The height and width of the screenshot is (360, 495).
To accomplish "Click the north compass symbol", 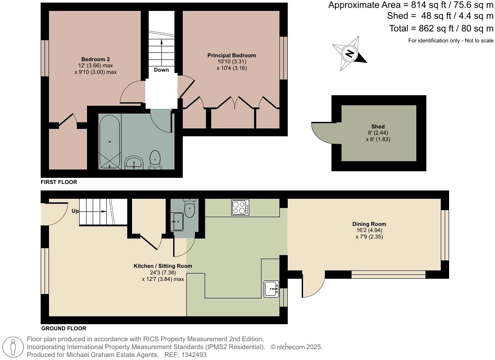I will tap(349, 54).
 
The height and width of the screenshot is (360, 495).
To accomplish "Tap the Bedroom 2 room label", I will tap(95, 59).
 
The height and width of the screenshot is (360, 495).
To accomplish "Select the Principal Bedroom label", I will tap(231, 55).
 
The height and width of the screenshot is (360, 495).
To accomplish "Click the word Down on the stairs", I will tap(161, 70).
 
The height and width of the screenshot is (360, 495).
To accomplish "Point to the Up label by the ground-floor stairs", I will tap(75, 211).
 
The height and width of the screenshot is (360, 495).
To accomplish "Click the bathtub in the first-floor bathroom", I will tap(109, 142).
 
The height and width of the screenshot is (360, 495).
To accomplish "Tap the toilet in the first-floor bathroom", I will tap(155, 159).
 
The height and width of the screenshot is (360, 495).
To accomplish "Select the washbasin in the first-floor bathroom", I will tap(133, 162).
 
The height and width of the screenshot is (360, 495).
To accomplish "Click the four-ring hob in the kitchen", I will tap(240, 207).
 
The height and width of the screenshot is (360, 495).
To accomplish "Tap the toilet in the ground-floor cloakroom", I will tap(189, 208).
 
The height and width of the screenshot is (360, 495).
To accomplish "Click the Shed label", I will tap(378, 127).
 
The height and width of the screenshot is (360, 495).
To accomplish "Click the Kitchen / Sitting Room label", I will tap(163, 266).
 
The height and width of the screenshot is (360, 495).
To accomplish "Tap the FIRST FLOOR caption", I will tap(59, 182).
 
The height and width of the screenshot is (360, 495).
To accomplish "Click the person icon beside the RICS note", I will tap(14, 347).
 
